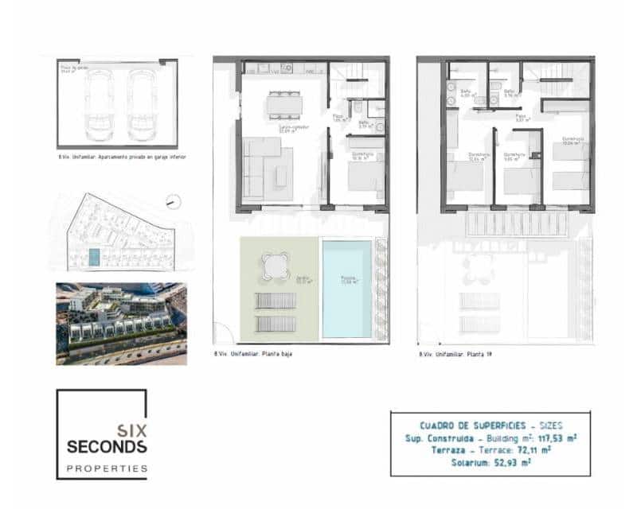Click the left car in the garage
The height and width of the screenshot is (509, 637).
[100, 100]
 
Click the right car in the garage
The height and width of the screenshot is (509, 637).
[141, 100]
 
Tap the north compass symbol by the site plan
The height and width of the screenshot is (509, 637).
[174, 202]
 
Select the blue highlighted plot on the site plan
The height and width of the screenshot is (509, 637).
[94, 258]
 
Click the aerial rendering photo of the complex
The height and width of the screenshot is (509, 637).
[121, 324]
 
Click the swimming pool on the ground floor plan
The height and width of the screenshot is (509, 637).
[346, 288]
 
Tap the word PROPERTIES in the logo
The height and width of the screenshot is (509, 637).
[107, 468]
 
